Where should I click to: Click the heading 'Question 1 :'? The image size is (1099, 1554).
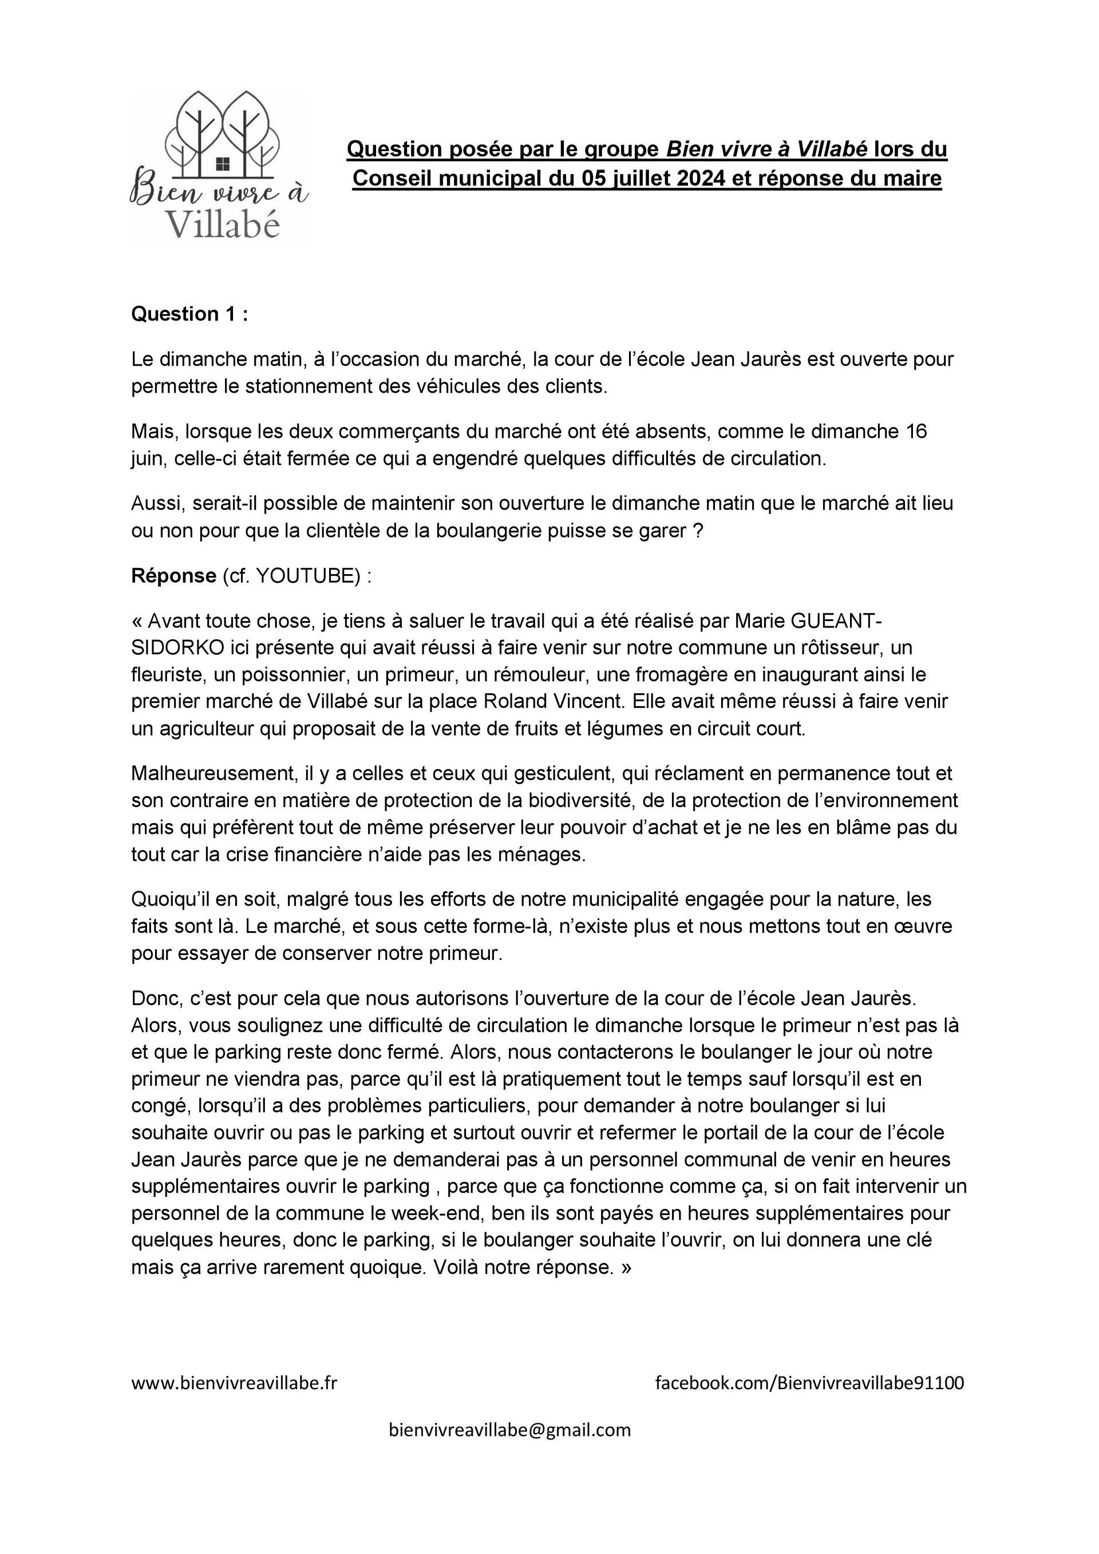189,314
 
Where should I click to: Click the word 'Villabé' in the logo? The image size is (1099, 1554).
223,223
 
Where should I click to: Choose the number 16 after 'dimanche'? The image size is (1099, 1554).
916,431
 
